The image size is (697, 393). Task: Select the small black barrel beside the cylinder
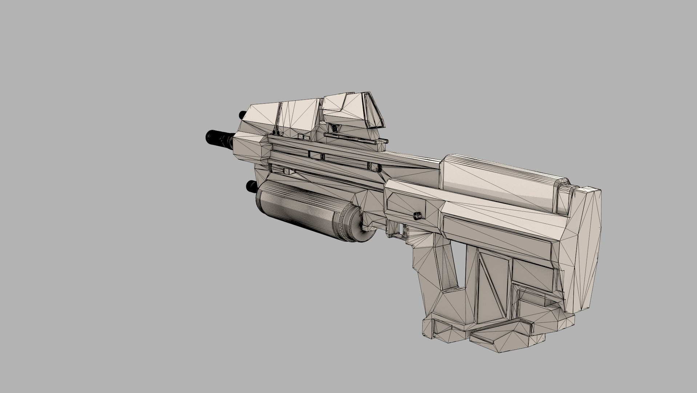[x=251, y=186]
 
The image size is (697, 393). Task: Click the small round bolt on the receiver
[x=417, y=216]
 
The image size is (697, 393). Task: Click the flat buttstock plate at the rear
[x=585, y=247]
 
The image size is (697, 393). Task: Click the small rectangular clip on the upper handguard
[x=316, y=155]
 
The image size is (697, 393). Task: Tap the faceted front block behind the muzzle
[x=251, y=146]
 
